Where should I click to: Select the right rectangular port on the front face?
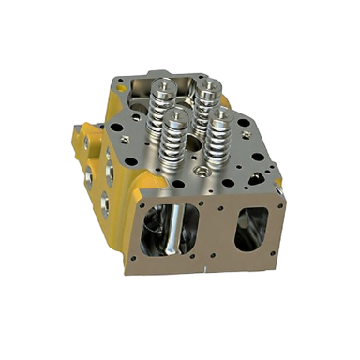pos(250,229)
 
